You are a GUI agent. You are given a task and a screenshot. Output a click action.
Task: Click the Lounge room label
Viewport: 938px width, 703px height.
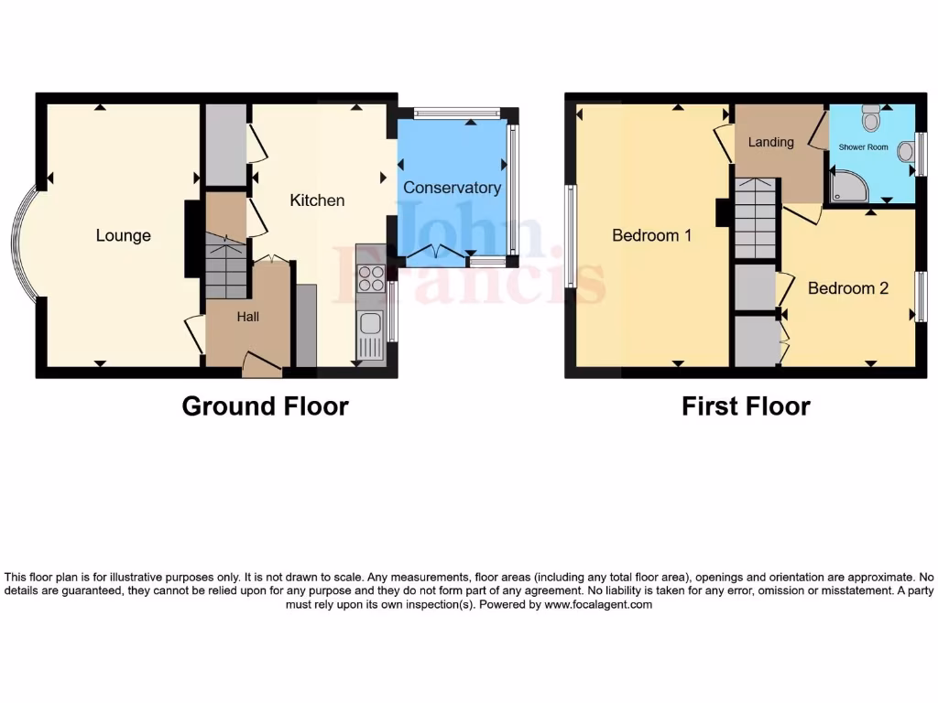click(x=123, y=235)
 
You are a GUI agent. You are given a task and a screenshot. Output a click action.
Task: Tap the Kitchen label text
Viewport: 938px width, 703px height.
click(x=317, y=200)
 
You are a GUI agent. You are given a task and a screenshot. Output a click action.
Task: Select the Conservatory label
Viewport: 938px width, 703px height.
click(x=452, y=188)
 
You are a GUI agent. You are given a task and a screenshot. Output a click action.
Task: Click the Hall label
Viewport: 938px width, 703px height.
click(x=247, y=317)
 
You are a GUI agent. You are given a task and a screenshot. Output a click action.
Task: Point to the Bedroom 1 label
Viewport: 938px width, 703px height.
click(x=651, y=235)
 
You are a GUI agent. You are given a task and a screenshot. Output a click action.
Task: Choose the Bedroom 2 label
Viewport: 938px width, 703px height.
click(x=847, y=288)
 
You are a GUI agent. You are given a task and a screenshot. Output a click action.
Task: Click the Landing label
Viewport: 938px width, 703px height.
click(x=770, y=142)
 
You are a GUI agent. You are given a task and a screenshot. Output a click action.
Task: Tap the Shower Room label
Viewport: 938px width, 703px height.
click(x=863, y=146)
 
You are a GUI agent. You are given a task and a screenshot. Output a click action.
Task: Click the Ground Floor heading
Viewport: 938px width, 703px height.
click(x=265, y=406)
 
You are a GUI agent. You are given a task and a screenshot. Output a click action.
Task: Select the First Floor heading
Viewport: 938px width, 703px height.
click(x=746, y=406)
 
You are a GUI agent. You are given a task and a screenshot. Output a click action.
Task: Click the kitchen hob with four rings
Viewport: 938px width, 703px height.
click(x=370, y=277)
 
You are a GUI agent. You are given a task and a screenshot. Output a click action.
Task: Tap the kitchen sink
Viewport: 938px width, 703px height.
click(x=370, y=323)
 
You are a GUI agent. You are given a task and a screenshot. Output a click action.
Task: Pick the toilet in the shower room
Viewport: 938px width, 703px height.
click(x=870, y=117)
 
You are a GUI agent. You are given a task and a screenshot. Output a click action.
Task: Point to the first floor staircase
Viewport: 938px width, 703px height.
click(x=755, y=220)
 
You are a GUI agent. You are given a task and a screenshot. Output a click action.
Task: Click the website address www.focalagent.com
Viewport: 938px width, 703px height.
click(x=598, y=604)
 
